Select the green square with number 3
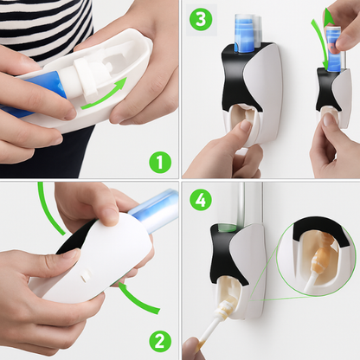201,19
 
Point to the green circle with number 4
201,201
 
